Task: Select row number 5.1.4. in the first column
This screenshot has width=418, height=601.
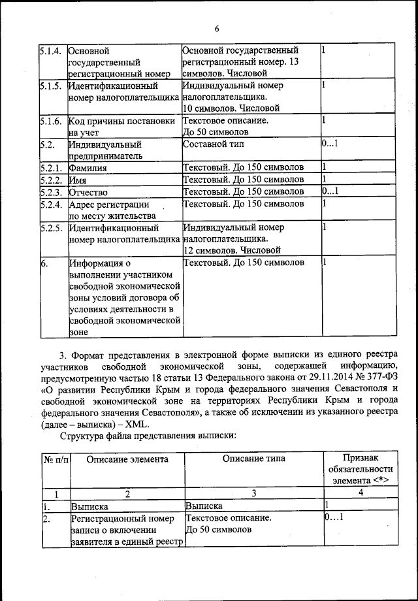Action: pos(50,50)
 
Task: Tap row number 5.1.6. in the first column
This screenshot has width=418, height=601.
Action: pos(50,121)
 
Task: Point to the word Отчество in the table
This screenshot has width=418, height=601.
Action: pos(89,192)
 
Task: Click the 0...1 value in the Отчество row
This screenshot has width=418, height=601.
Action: pos(329,191)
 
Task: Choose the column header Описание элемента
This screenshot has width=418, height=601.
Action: pos(126,459)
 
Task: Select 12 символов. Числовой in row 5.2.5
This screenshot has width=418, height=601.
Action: pos(232,250)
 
